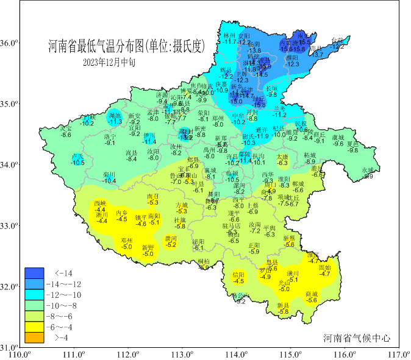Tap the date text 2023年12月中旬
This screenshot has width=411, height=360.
(109, 62)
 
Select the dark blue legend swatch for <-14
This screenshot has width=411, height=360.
(34, 273)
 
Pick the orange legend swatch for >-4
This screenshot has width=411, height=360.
(34, 337)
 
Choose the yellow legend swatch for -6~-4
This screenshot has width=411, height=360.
(34, 326)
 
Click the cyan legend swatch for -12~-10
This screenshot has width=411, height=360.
(34, 295)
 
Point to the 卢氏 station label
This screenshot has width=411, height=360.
(78, 157)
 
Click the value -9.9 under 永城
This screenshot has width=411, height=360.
(368, 177)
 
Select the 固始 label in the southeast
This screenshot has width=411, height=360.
(325, 267)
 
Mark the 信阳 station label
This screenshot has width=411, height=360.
(238, 275)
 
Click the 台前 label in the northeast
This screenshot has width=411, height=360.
(338, 40)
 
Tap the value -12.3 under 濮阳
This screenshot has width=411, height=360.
(293, 64)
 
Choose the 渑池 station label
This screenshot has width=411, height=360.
(115, 115)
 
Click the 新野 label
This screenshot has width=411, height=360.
(148, 247)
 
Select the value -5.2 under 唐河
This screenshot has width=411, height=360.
(171, 245)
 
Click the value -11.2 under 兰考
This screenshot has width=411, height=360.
(279, 115)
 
